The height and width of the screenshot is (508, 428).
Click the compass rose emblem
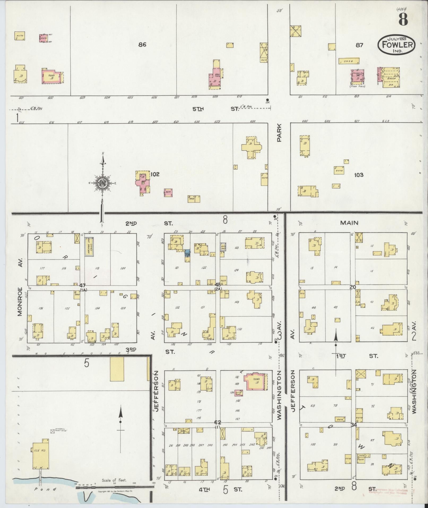coord(102,183)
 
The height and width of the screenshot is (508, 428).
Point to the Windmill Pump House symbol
coord(53,431)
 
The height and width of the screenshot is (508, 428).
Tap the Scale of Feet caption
coord(114,480)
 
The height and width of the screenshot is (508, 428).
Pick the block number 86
coord(142,45)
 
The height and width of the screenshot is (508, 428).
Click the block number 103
coord(358,175)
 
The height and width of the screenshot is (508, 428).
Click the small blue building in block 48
coord(188,253)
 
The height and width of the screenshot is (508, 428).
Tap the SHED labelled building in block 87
coord(349,61)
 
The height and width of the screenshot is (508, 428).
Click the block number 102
coord(155,174)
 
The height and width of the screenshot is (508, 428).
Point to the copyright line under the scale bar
coord(115,492)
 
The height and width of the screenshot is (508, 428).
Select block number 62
coord(218,422)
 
